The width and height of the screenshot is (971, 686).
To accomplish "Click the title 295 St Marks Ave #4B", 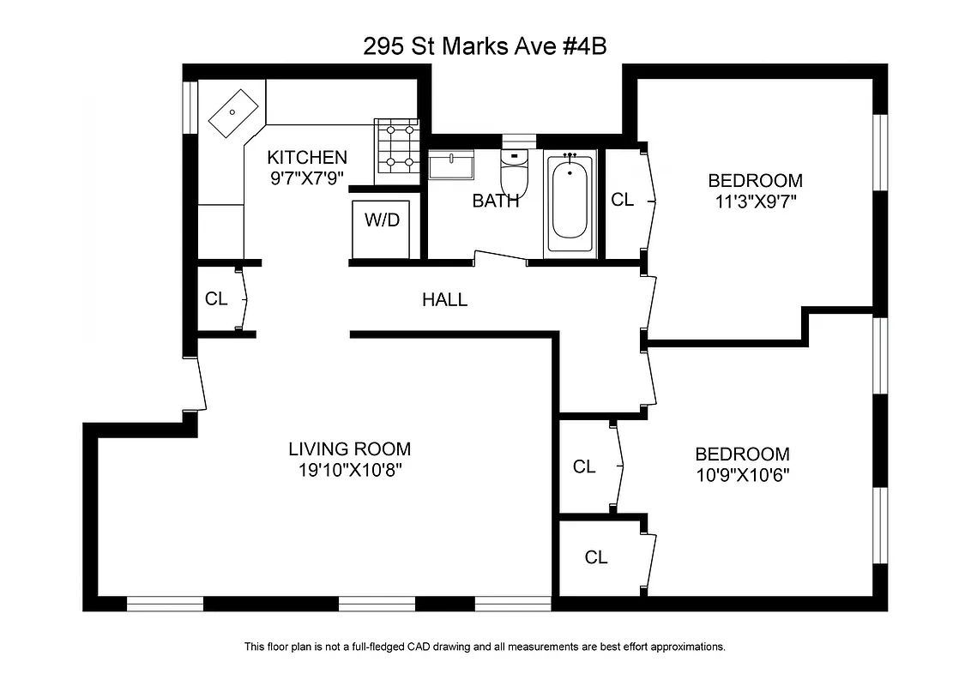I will click(485, 45).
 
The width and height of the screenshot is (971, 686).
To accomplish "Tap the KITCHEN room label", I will click(307, 158).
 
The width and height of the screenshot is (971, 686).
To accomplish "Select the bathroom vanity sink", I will click(451, 165).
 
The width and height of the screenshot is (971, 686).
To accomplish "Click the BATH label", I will click(495, 202).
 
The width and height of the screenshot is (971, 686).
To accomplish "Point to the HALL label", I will click(444, 300).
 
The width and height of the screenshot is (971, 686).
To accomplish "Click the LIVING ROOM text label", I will click(349, 448).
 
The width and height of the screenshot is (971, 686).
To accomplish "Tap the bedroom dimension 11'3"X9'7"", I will click(755, 202).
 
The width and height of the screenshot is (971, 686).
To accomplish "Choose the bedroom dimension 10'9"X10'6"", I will click(742, 476).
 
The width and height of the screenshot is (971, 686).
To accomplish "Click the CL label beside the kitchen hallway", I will click(216, 299).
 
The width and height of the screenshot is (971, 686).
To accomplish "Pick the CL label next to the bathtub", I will click(622, 200).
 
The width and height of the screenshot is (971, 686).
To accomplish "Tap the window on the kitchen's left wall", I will click(190, 107).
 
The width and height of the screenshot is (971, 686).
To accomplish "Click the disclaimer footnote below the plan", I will click(485, 647).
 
